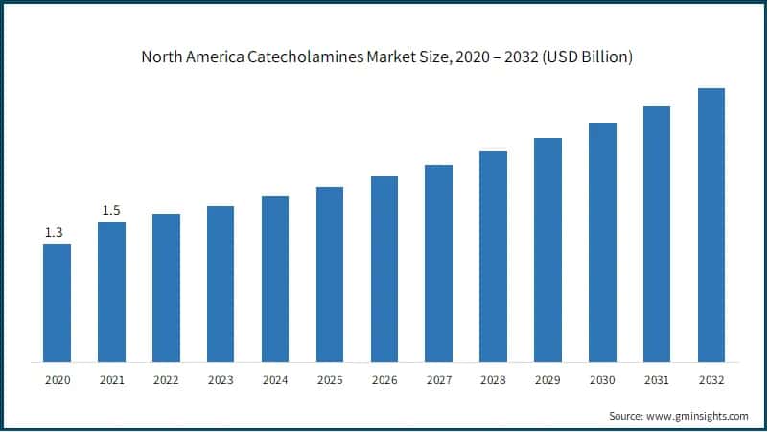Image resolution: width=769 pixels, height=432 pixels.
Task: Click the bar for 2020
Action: click(57, 303)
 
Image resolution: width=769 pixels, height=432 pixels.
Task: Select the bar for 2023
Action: click(221, 284)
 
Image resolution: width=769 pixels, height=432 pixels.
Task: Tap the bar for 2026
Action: click(384, 269)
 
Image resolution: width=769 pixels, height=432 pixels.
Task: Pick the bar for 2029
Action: click(548, 250)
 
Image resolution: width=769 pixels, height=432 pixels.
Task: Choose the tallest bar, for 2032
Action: click(711, 225)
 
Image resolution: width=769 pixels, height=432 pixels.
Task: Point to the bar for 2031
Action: click(657, 234)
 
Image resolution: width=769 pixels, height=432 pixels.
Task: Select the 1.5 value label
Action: click(111, 210)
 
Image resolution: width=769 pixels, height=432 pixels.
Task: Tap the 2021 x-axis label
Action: click(111, 380)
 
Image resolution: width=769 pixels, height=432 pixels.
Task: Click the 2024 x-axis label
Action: click(275, 380)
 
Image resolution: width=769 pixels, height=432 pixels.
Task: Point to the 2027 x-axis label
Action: click(438, 380)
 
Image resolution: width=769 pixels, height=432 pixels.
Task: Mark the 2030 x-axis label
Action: click(602, 380)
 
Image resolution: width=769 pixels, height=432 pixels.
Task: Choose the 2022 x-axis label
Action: click(166, 380)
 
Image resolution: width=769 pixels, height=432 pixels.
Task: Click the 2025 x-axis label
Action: click(330, 380)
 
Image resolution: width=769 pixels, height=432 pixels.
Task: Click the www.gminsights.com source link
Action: click(698, 416)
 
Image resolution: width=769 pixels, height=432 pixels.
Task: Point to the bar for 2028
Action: click(493, 257)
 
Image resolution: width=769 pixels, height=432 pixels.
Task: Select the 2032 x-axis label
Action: click(711, 380)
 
